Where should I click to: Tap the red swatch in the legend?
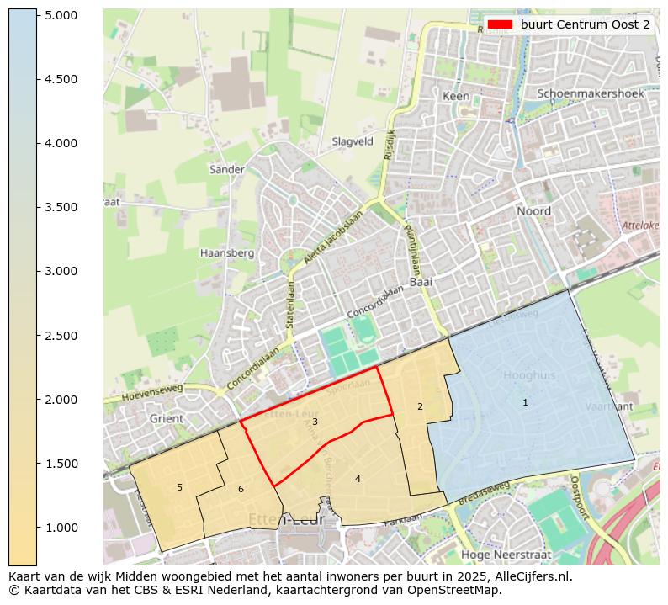(501, 24)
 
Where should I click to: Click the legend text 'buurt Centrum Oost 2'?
(585, 24)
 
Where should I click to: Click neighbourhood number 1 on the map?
(525, 403)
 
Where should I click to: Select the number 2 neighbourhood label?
(420, 407)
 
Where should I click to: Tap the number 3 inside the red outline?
(315, 422)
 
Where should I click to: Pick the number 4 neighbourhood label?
(358, 479)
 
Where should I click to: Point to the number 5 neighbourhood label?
(179, 487)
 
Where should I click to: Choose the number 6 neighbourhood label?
(241, 489)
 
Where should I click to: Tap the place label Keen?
(456, 97)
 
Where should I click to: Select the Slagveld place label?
(353, 142)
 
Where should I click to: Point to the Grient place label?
(166, 418)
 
